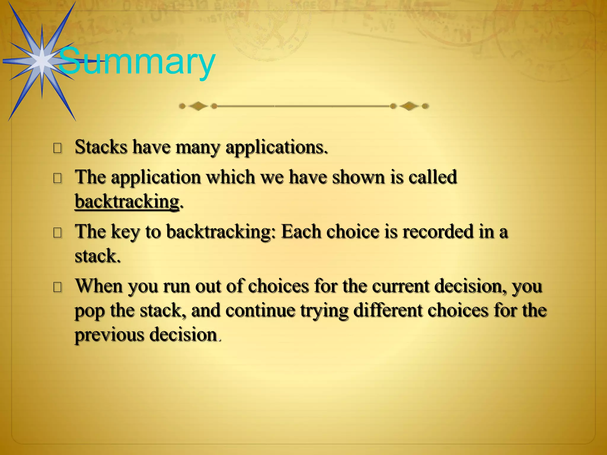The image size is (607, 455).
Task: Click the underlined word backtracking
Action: (127, 202)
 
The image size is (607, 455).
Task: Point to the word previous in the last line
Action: (109, 336)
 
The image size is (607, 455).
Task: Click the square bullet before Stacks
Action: (57, 148)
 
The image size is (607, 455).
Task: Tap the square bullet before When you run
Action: (57, 287)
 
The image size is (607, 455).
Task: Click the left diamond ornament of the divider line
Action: (198, 106)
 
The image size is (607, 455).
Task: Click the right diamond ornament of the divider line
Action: (409, 106)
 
